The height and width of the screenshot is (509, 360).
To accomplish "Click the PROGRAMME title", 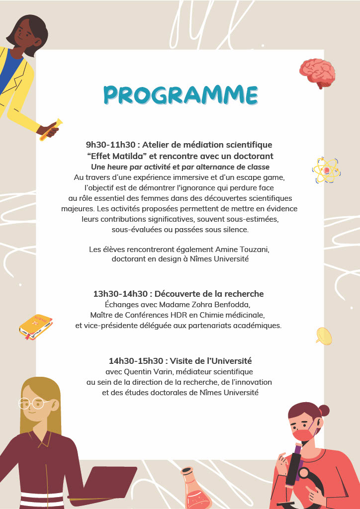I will (x=180, y=95).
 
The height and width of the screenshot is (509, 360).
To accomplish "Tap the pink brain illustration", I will (x=317, y=73).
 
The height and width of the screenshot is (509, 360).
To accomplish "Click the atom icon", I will (x=326, y=170).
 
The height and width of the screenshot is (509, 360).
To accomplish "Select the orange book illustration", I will (x=36, y=327).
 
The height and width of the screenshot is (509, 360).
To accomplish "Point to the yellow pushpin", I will (x=323, y=336).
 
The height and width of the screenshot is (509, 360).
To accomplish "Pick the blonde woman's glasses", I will (x=33, y=403).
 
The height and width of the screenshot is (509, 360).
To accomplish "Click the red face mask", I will (x=303, y=434).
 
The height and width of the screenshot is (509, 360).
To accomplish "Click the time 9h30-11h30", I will (x=110, y=145).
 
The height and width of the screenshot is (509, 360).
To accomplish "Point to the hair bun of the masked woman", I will (x=324, y=410).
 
